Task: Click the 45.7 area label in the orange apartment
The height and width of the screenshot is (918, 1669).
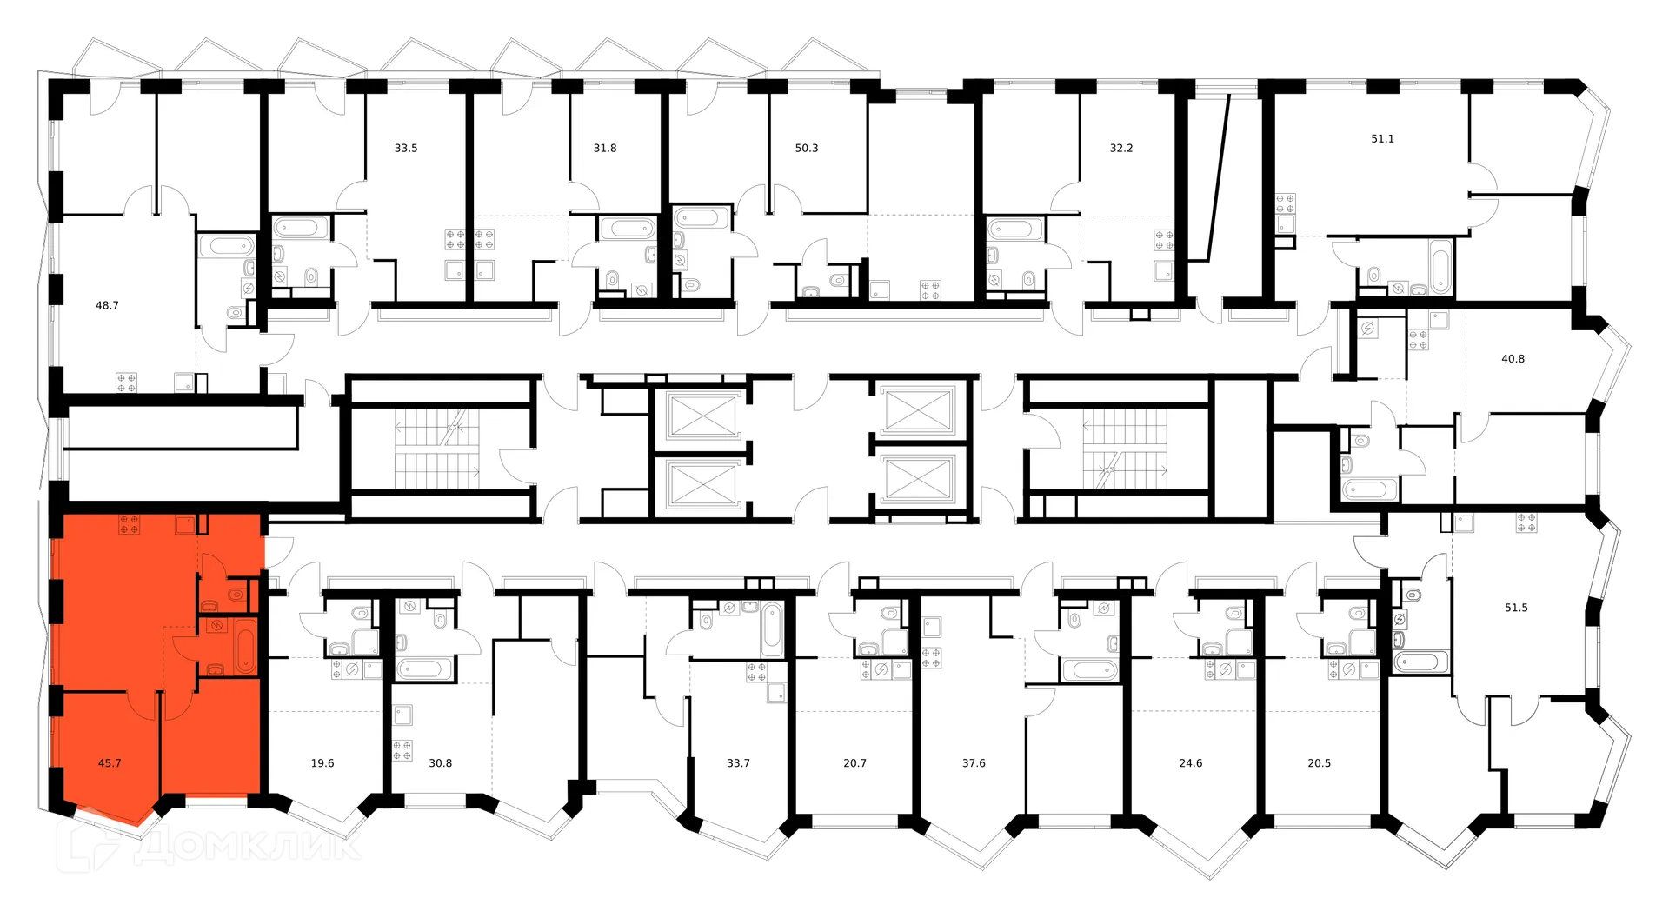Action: (x=110, y=763)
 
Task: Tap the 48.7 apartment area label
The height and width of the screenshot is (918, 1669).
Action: (x=107, y=305)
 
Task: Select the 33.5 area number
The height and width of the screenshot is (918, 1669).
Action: (x=406, y=148)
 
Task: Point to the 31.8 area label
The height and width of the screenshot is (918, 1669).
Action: (x=605, y=148)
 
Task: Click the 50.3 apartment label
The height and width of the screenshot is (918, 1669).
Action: (x=807, y=148)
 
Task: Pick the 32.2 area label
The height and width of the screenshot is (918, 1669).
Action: (x=1121, y=148)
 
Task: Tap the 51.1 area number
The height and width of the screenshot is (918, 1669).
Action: (x=1382, y=138)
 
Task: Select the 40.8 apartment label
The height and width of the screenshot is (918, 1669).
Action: (x=1513, y=358)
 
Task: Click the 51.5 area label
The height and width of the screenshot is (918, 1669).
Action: (x=1516, y=608)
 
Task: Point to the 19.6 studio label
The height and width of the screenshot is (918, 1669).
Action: (x=322, y=763)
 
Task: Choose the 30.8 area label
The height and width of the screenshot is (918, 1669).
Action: (x=441, y=763)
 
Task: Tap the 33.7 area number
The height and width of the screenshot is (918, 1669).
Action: (x=738, y=763)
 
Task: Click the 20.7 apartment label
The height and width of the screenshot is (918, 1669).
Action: (x=854, y=763)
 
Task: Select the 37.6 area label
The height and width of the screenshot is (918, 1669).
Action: (x=974, y=763)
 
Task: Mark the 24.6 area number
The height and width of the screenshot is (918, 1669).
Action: (x=1190, y=763)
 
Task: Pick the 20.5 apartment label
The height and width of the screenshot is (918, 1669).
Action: (x=1319, y=763)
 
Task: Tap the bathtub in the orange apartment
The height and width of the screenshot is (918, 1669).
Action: (x=246, y=647)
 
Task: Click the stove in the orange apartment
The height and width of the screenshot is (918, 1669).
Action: (x=130, y=524)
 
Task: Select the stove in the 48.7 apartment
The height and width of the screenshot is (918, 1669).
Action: (x=127, y=382)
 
